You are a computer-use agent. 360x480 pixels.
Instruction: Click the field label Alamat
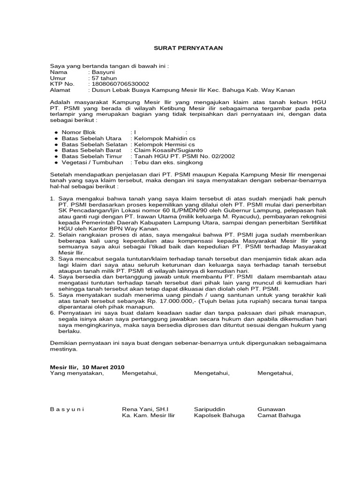(x=60, y=90)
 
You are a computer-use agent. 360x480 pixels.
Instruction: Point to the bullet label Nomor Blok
(x=78, y=133)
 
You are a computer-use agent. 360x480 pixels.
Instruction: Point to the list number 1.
(x=52, y=199)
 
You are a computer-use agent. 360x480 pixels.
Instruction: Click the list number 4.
(x=52, y=277)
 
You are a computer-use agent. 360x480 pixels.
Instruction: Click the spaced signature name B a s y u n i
(x=67, y=409)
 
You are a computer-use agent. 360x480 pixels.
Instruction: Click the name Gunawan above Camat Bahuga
(x=271, y=409)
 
